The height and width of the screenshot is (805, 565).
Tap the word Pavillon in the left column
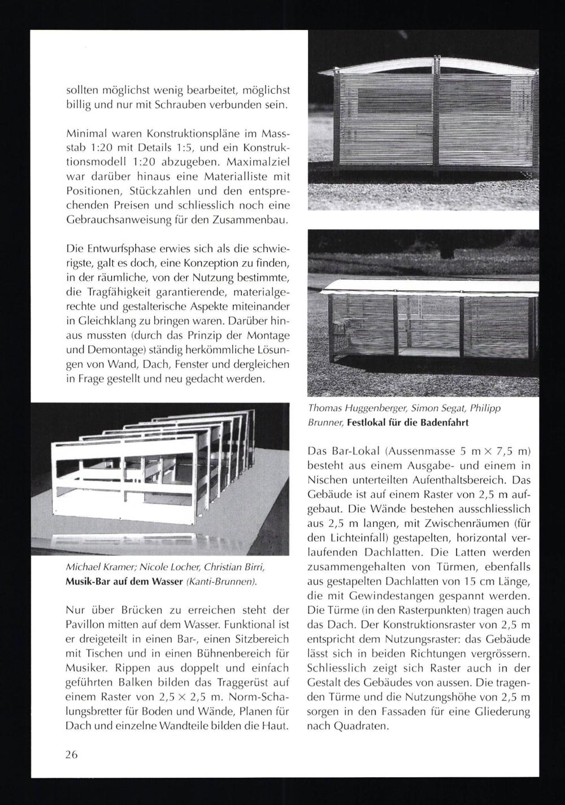[x=85, y=625]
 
